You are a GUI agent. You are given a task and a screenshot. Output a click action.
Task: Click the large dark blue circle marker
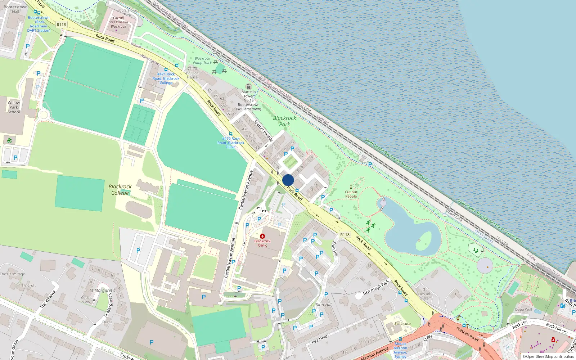click(x=288, y=180)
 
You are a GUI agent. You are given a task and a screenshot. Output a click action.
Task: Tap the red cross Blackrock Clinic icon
click(x=262, y=236)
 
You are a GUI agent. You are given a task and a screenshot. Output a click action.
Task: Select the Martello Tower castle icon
click(x=248, y=87)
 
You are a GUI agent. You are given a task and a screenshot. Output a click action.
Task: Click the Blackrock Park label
click(x=284, y=121)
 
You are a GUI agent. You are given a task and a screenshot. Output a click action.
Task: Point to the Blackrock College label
click(x=120, y=189)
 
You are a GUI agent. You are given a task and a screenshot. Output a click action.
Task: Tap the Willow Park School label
click(x=14, y=107)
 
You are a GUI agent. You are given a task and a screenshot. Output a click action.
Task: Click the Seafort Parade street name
click(x=263, y=130)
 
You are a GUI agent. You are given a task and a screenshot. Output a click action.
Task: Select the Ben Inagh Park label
click(x=376, y=287)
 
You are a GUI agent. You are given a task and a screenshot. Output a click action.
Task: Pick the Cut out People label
click(x=351, y=194)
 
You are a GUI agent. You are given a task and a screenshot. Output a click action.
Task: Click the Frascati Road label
click(x=467, y=334)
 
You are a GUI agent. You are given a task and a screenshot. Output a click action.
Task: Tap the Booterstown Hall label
click(x=15, y=9)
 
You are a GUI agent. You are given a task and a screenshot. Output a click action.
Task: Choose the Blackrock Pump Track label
click(x=202, y=60)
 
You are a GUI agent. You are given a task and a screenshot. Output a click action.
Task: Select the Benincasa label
click(x=402, y=324)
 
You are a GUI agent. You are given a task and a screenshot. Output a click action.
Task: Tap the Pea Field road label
click(x=319, y=339)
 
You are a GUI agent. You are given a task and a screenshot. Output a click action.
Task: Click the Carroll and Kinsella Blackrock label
click(x=118, y=22)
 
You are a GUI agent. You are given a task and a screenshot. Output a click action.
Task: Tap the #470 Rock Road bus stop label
click(x=231, y=143)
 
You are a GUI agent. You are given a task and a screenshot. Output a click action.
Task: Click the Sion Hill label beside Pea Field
click(x=324, y=305)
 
